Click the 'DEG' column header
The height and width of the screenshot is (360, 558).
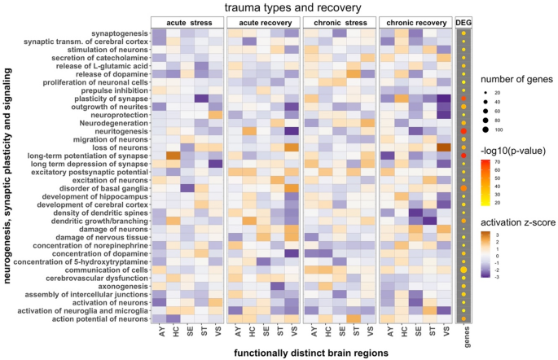click(x=464, y=23)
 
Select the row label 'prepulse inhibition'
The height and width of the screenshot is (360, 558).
click(x=111, y=90)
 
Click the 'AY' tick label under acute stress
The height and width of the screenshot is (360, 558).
click(x=160, y=331)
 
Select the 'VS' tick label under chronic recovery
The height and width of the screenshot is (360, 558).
click(x=446, y=331)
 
